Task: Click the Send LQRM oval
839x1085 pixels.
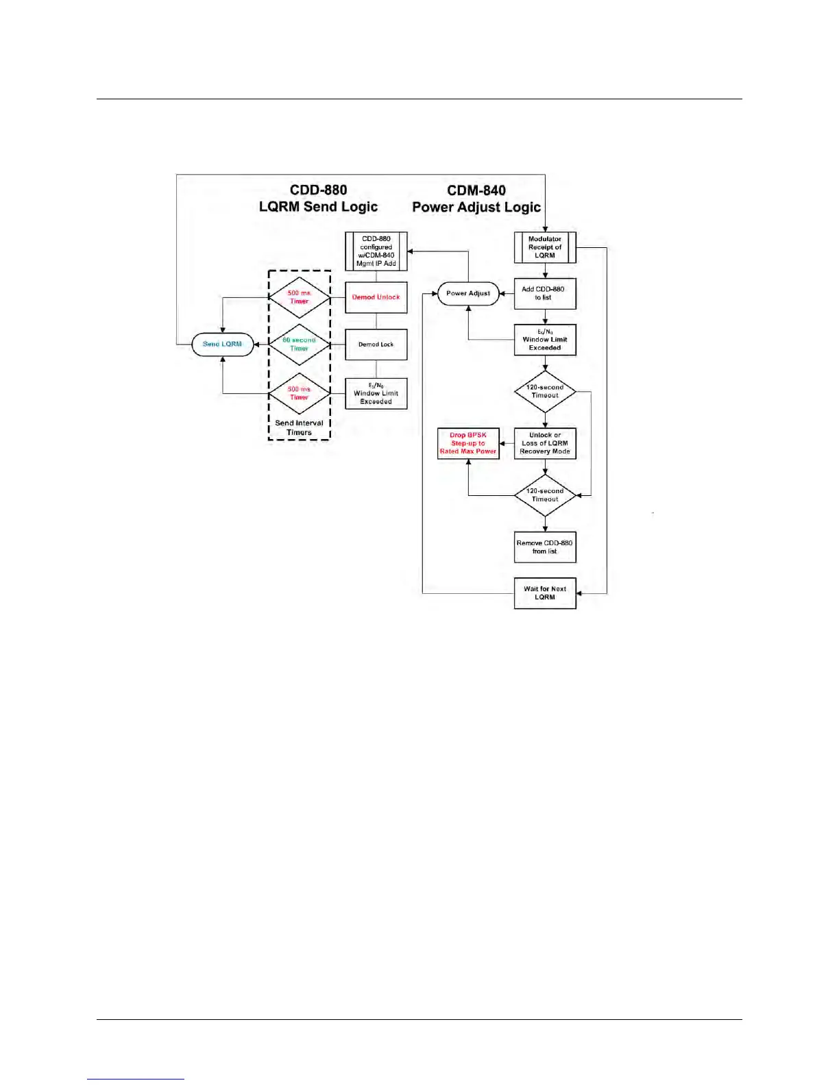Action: (222, 344)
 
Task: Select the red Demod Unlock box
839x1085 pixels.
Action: (376, 297)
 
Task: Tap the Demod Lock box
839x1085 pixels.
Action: (376, 344)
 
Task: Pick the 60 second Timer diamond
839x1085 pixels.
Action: (299, 344)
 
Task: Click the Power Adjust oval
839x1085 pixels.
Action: (468, 293)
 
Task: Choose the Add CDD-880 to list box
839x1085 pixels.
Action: (545, 293)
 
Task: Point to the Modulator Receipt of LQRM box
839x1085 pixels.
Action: (545, 247)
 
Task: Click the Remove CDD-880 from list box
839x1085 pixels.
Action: (545, 547)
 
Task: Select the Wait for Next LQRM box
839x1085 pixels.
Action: (545, 593)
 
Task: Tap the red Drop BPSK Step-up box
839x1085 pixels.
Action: (468, 443)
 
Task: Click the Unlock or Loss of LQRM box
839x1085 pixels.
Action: (545, 443)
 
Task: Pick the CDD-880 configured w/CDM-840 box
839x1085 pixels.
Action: (376, 251)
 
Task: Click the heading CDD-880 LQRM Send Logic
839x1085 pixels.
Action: (318, 198)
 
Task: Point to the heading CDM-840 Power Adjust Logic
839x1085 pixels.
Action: (476, 198)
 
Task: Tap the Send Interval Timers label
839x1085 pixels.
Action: (299, 427)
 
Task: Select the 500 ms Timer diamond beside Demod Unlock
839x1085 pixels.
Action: (299, 297)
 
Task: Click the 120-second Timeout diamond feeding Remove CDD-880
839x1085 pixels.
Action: (545, 495)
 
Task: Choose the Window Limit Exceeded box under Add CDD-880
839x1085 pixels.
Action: (545, 340)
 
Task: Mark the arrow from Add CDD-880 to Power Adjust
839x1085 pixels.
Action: (507, 293)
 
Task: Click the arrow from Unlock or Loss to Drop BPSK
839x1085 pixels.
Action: (507, 443)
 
